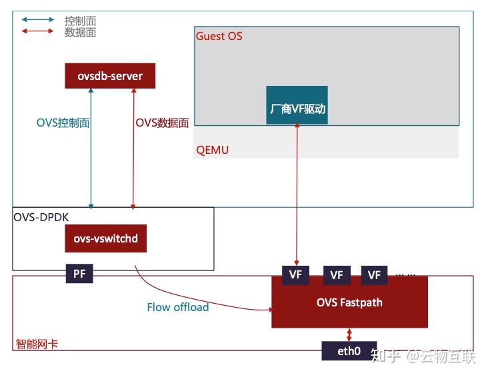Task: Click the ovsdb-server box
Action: (110, 76)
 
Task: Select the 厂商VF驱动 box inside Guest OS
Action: (297, 106)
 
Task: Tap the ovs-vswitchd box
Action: (106, 238)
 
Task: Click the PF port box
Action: (79, 273)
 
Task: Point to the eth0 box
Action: (349, 350)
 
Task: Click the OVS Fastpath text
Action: (349, 302)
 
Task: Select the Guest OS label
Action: (219, 36)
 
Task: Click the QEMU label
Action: (212, 150)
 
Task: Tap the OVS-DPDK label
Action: (41, 216)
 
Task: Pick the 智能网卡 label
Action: (37, 344)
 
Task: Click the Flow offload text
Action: (177, 307)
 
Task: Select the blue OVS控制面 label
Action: (63, 123)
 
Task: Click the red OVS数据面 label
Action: (162, 123)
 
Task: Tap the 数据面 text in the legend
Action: (80, 32)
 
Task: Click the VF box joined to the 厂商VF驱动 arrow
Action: (296, 274)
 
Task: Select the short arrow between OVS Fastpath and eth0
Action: (349, 334)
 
